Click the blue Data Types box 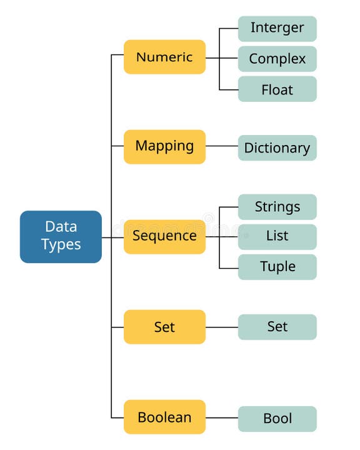(61, 236)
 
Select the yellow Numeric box (164, 57)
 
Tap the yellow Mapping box (164, 146)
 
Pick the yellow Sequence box (164, 236)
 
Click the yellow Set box (164, 326)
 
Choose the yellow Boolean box (164, 417)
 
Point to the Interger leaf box (277, 28)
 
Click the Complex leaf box (277, 59)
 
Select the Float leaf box (277, 89)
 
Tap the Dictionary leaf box (277, 148)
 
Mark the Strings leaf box (277, 207)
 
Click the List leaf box (277, 236)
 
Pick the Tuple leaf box (277, 267)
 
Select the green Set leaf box (277, 327)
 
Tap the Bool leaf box (277, 419)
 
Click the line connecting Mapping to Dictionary (221, 146)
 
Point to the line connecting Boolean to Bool (221, 417)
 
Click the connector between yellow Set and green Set (221, 327)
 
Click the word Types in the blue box (61, 245)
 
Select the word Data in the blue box (61, 227)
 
